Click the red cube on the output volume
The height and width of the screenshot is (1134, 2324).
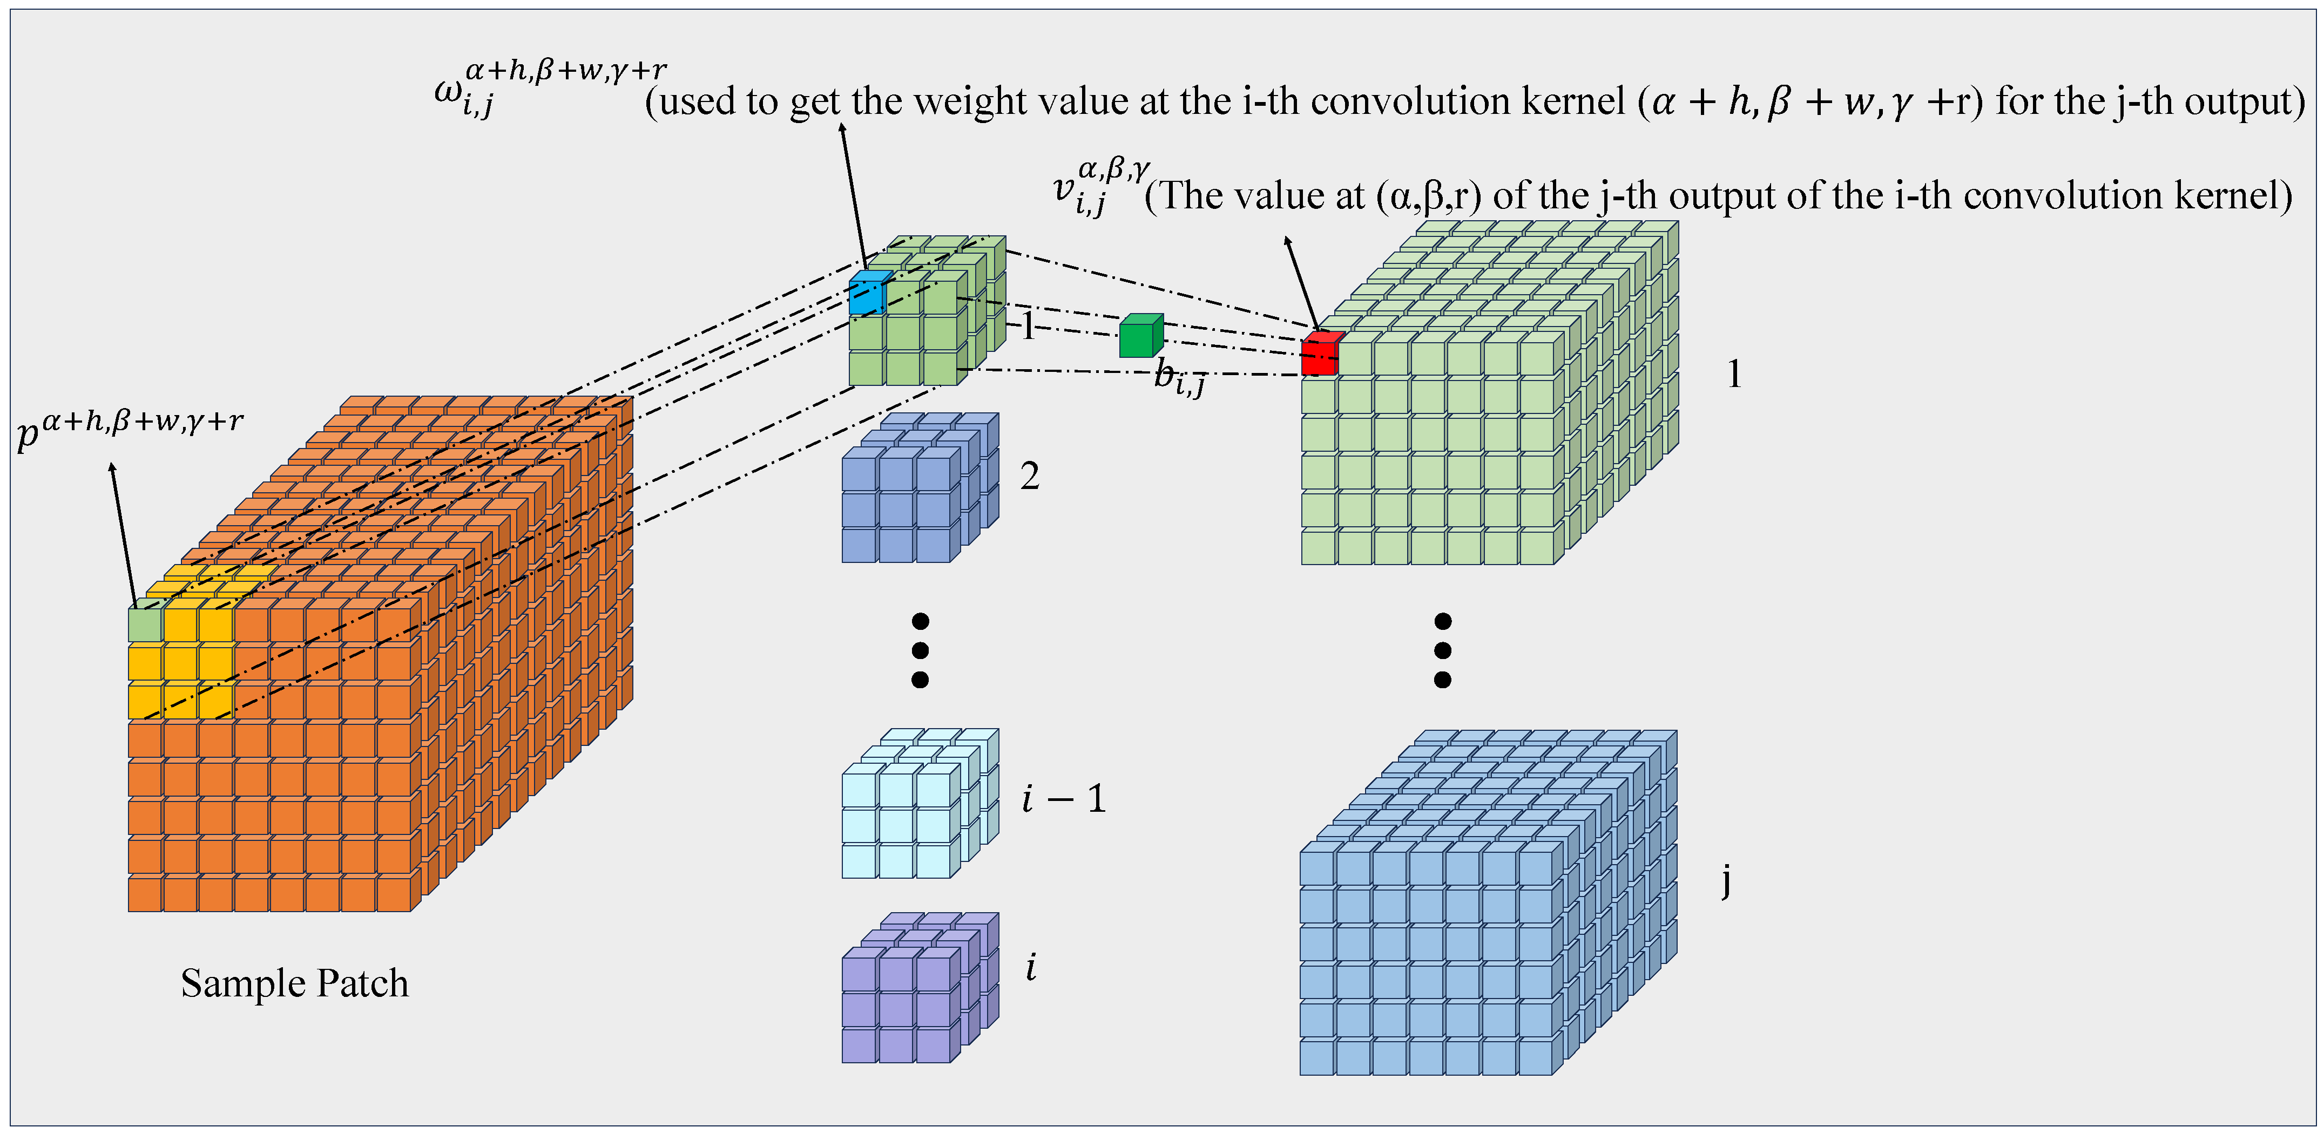(x=1320, y=355)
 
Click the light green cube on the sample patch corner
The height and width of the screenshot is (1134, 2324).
(x=144, y=624)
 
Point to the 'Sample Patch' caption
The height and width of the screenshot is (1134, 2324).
(x=294, y=983)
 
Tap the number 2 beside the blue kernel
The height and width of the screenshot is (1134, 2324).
(x=1029, y=477)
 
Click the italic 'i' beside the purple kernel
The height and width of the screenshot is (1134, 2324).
(x=1030, y=967)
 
